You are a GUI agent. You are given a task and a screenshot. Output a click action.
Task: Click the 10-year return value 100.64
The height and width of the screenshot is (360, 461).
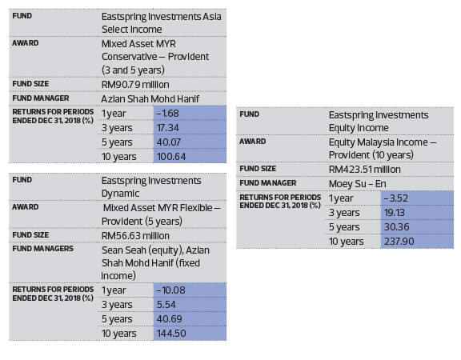click(x=171, y=156)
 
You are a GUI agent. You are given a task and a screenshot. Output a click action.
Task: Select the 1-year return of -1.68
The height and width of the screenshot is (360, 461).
click(x=167, y=113)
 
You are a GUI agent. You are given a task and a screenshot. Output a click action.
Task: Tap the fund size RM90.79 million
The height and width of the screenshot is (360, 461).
click(x=135, y=85)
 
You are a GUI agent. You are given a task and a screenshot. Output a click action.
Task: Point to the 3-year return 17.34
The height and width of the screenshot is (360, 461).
click(x=167, y=127)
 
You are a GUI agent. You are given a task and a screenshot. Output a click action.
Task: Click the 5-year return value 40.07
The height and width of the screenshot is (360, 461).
click(x=169, y=142)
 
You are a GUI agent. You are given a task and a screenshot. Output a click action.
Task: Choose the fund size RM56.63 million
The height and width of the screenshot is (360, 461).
click(x=135, y=236)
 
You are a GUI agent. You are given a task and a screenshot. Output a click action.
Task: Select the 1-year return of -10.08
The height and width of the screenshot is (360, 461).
click(x=170, y=290)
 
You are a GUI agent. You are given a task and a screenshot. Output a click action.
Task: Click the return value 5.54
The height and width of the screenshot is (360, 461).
click(x=166, y=305)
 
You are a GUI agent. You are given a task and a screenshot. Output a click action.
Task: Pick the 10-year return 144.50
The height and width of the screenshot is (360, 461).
click(x=171, y=334)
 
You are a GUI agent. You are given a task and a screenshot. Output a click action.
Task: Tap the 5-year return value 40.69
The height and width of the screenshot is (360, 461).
click(x=170, y=319)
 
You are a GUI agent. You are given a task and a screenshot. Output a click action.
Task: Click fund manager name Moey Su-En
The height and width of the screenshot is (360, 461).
click(x=357, y=184)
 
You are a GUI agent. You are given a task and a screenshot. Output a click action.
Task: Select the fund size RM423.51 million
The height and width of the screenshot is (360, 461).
click(x=365, y=170)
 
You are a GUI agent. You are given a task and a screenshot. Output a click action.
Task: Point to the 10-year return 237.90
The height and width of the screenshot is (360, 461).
click(x=399, y=242)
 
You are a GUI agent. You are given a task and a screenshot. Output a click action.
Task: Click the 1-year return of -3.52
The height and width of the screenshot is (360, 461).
click(x=396, y=198)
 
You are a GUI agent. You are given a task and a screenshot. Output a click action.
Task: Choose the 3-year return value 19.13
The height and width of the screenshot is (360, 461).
click(x=395, y=212)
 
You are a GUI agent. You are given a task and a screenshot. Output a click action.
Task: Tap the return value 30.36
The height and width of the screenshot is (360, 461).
click(x=397, y=226)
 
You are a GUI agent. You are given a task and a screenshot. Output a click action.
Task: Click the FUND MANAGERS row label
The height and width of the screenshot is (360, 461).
click(x=43, y=249)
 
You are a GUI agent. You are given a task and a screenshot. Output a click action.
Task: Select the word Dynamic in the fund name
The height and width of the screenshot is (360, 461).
click(x=120, y=194)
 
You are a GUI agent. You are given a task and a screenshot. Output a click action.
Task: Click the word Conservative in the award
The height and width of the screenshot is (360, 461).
click(x=130, y=57)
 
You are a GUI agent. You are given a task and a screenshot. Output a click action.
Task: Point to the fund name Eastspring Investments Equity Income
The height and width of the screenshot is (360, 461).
click(x=379, y=122)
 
